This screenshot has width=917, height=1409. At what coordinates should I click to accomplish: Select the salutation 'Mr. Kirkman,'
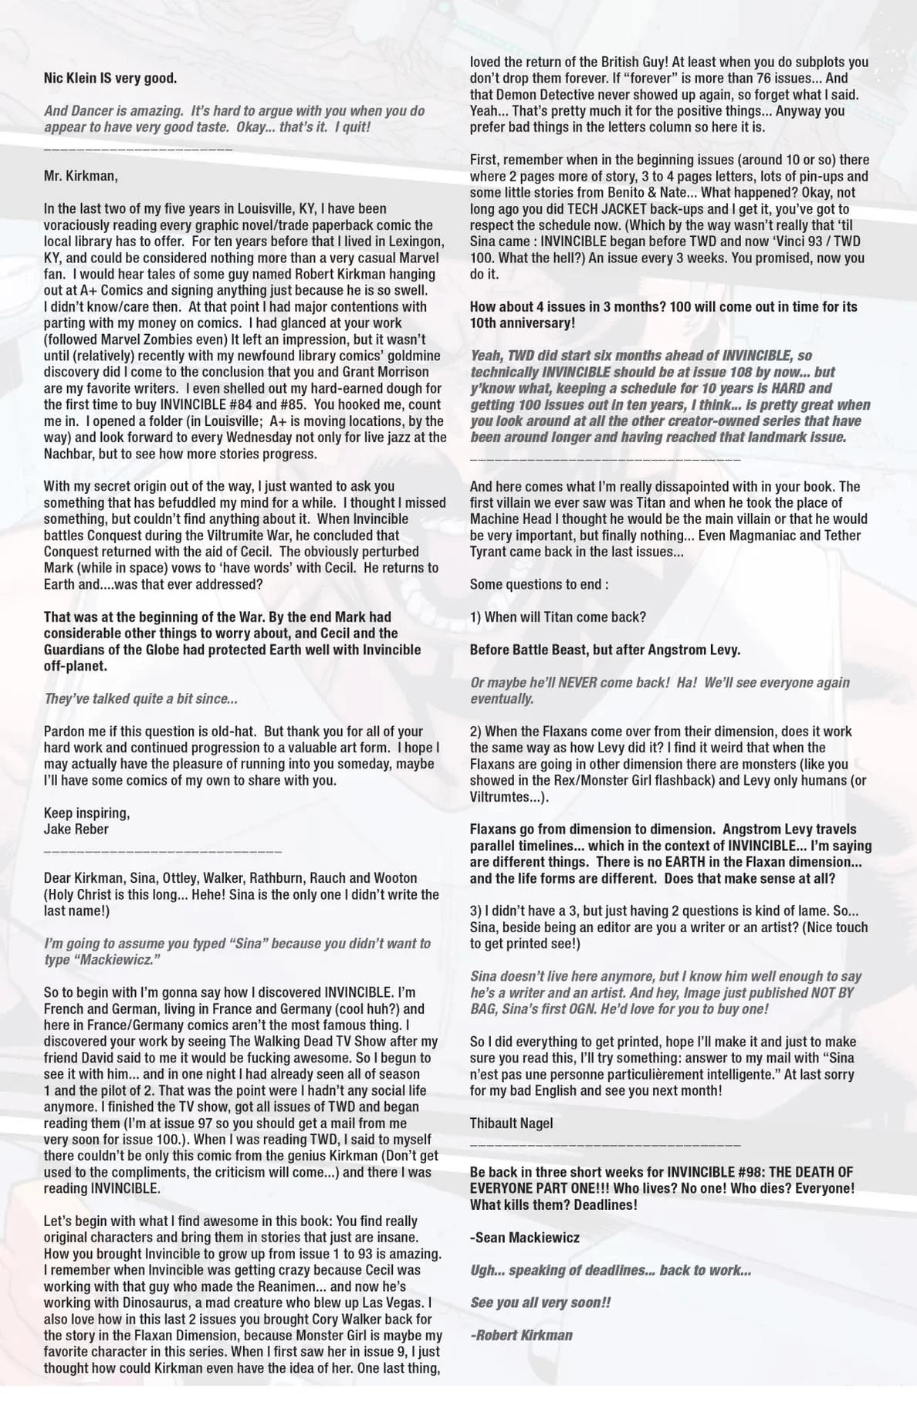tap(81, 176)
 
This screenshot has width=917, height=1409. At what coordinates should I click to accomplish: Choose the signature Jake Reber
tap(76, 830)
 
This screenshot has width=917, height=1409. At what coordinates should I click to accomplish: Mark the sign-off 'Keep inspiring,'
tap(86, 813)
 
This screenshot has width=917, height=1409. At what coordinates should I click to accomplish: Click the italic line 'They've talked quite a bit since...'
tap(140, 698)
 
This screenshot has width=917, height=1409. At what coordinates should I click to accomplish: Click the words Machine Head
tap(510, 519)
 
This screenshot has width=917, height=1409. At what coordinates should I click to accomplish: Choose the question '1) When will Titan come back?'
tap(557, 617)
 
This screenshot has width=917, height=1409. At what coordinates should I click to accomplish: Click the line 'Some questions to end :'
tap(539, 584)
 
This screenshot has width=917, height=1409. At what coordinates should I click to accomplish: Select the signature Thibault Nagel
tap(511, 1123)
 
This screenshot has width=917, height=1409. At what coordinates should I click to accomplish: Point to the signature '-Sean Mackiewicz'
tap(524, 1238)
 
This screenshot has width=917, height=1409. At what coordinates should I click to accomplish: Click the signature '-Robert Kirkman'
tap(521, 1336)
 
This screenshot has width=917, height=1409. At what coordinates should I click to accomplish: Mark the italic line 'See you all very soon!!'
tap(540, 1303)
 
